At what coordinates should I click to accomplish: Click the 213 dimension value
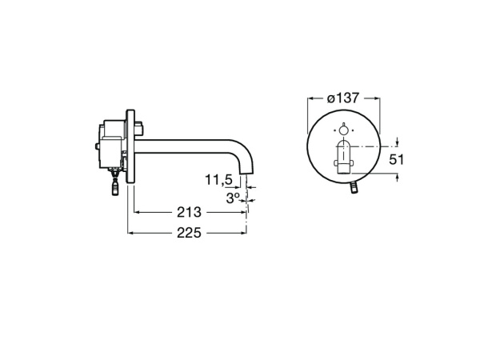[x=188, y=213]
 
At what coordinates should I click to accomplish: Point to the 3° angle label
[x=233, y=197]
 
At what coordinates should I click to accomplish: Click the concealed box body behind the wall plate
[x=110, y=144]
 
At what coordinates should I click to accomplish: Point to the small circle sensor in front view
[x=344, y=130]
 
